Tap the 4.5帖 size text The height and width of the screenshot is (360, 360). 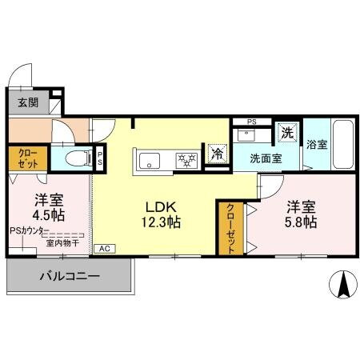coord(49,216)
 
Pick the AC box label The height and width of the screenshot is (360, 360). coord(103,249)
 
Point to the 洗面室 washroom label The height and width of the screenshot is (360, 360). coord(265,158)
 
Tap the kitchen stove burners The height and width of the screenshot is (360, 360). coord(186,160)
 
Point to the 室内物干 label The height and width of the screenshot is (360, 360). coord(62,242)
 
